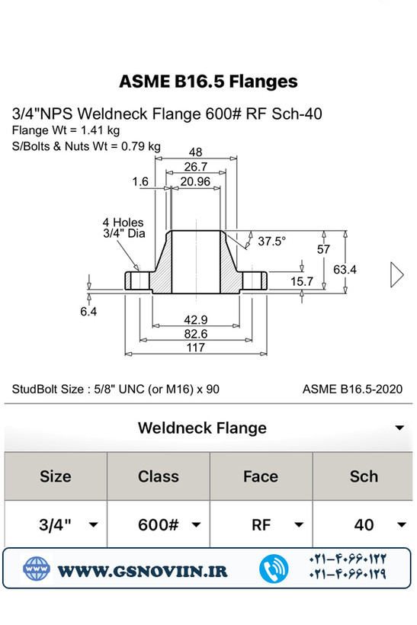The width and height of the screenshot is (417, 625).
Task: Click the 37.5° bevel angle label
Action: click(x=271, y=241)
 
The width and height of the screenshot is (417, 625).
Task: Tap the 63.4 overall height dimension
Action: click(x=345, y=270)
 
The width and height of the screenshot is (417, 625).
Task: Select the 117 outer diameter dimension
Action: click(x=195, y=348)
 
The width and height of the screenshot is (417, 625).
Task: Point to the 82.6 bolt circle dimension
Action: click(x=195, y=334)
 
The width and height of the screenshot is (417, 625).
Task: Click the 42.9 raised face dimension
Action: click(x=195, y=319)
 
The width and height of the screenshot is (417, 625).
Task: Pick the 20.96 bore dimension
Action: click(x=195, y=181)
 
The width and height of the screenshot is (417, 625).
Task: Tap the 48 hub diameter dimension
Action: click(x=195, y=152)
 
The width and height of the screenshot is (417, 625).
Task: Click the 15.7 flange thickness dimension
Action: click(x=301, y=281)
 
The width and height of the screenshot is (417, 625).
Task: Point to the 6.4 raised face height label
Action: click(x=88, y=311)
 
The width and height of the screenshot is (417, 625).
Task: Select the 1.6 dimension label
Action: click(x=140, y=181)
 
